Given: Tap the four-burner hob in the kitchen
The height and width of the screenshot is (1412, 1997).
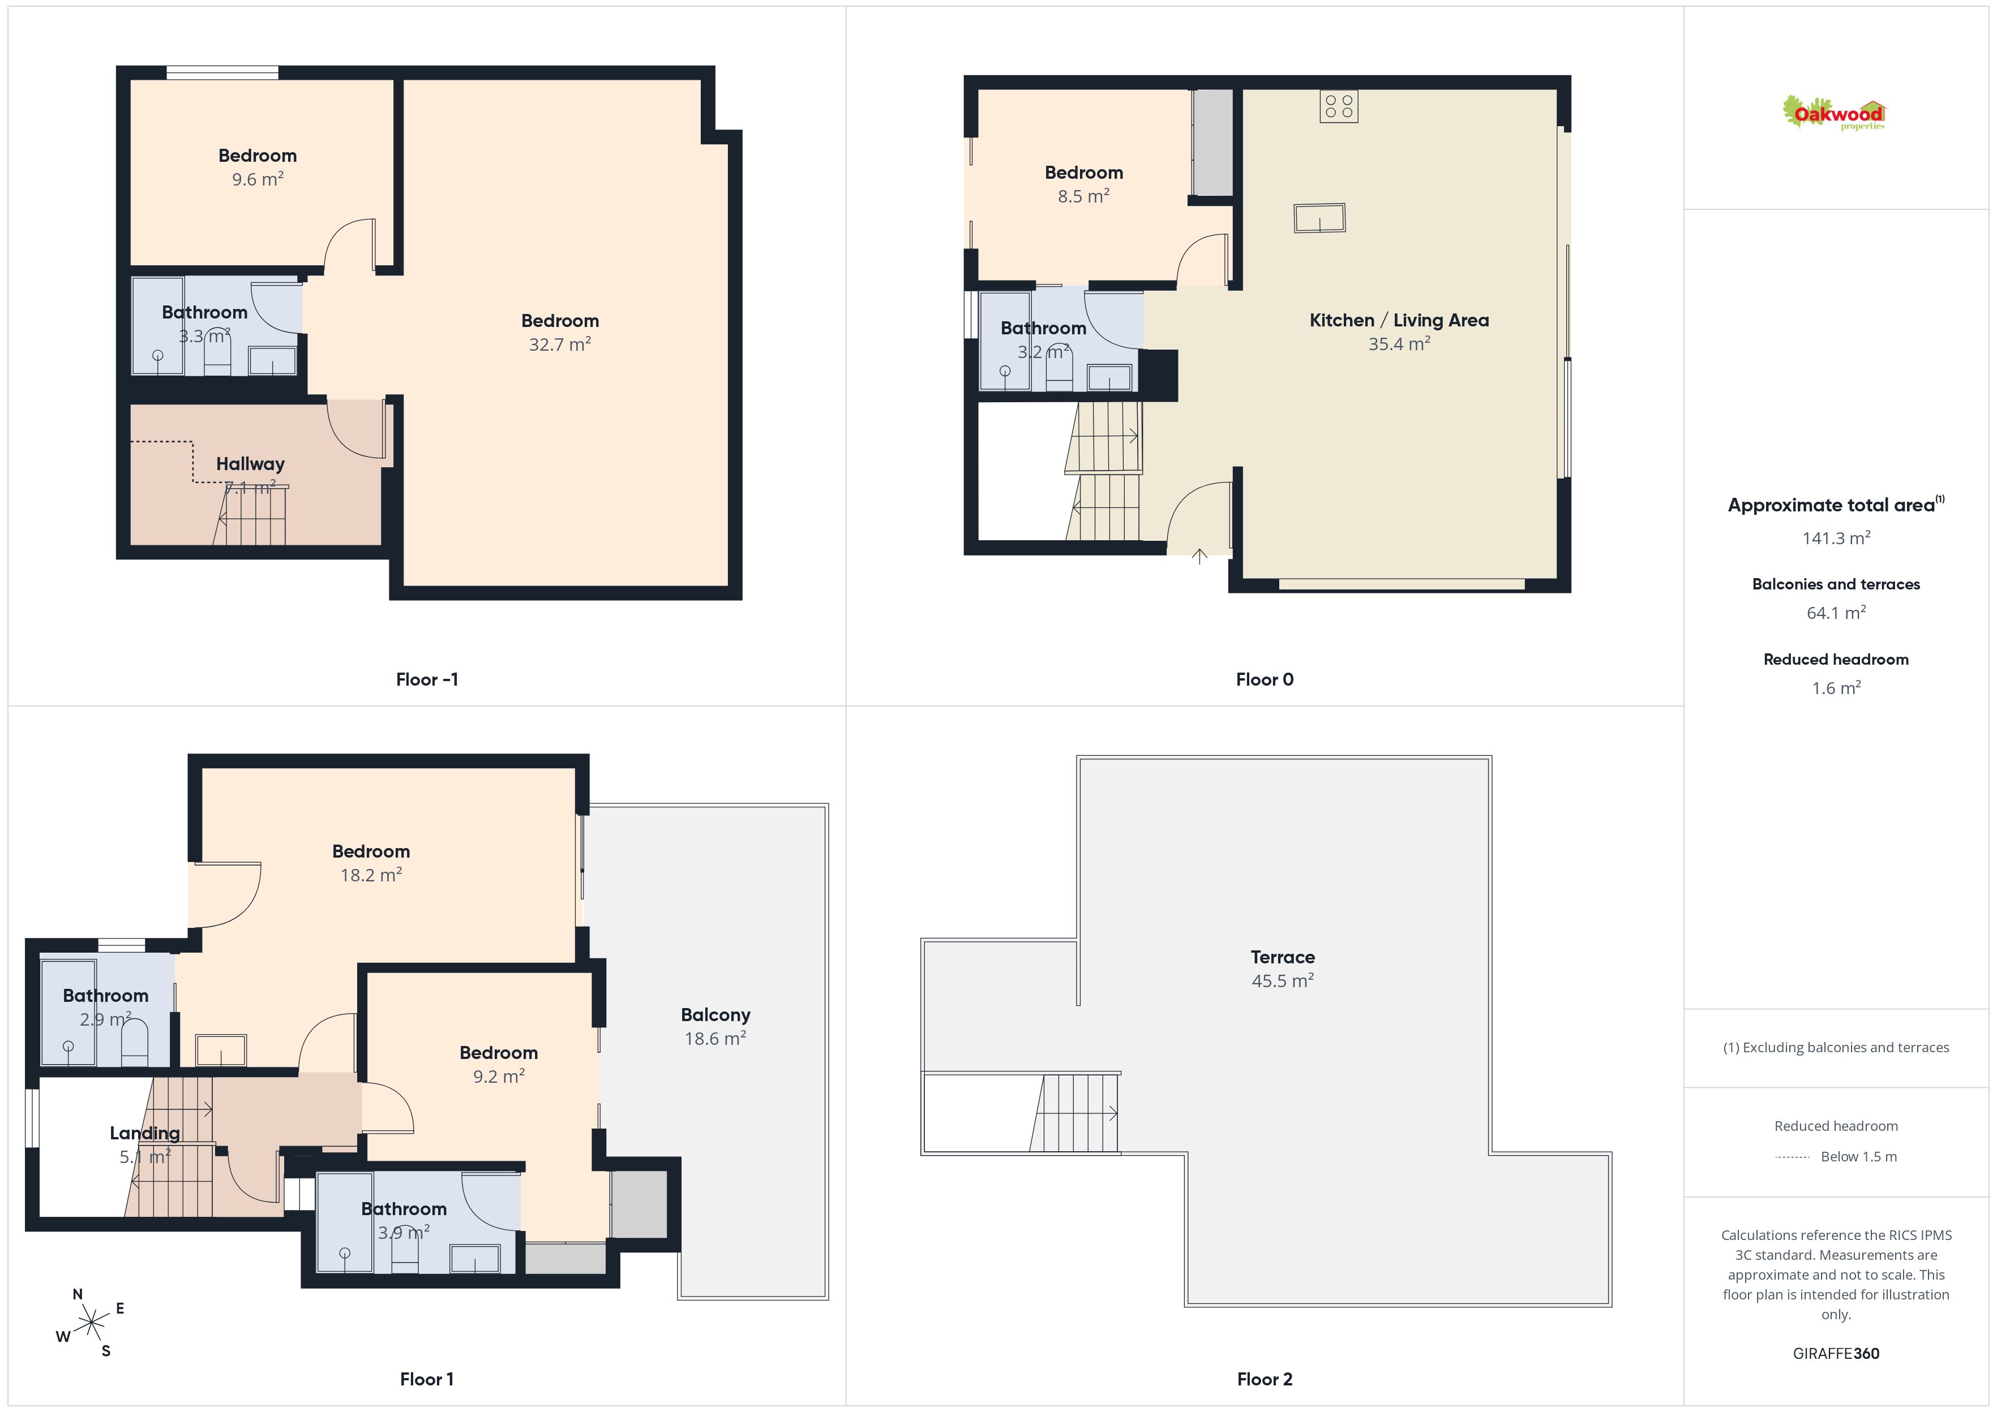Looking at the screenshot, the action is click(x=1339, y=107).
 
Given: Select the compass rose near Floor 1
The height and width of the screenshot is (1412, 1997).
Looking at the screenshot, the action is click(x=91, y=1323).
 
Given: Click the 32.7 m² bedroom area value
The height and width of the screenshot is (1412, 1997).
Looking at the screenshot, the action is click(x=560, y=345).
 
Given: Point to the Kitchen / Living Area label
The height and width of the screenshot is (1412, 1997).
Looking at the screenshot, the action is click(x=1399, y=320).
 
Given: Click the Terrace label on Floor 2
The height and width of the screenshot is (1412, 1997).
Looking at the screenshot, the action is click(x=1282, y=957).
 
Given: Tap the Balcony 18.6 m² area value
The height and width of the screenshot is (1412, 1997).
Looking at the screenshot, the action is click(x=715, y=1038).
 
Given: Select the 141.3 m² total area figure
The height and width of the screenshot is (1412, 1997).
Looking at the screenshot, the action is click(x=1836, y=538).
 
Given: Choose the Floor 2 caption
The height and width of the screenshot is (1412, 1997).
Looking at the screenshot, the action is click(x=1265, y=1379).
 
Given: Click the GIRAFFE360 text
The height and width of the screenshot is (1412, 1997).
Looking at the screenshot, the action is click(x=1836, y=1354).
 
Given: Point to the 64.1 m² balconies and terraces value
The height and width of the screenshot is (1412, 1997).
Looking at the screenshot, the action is click(x=1836, y=613).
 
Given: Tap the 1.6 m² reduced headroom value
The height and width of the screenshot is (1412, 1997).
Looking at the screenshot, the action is click(x=1836, y=688).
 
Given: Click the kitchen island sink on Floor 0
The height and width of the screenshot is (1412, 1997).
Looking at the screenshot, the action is click(x=1319, y=217).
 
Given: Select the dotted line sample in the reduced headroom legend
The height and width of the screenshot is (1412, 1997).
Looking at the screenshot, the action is click(x=1792, y=1156).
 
